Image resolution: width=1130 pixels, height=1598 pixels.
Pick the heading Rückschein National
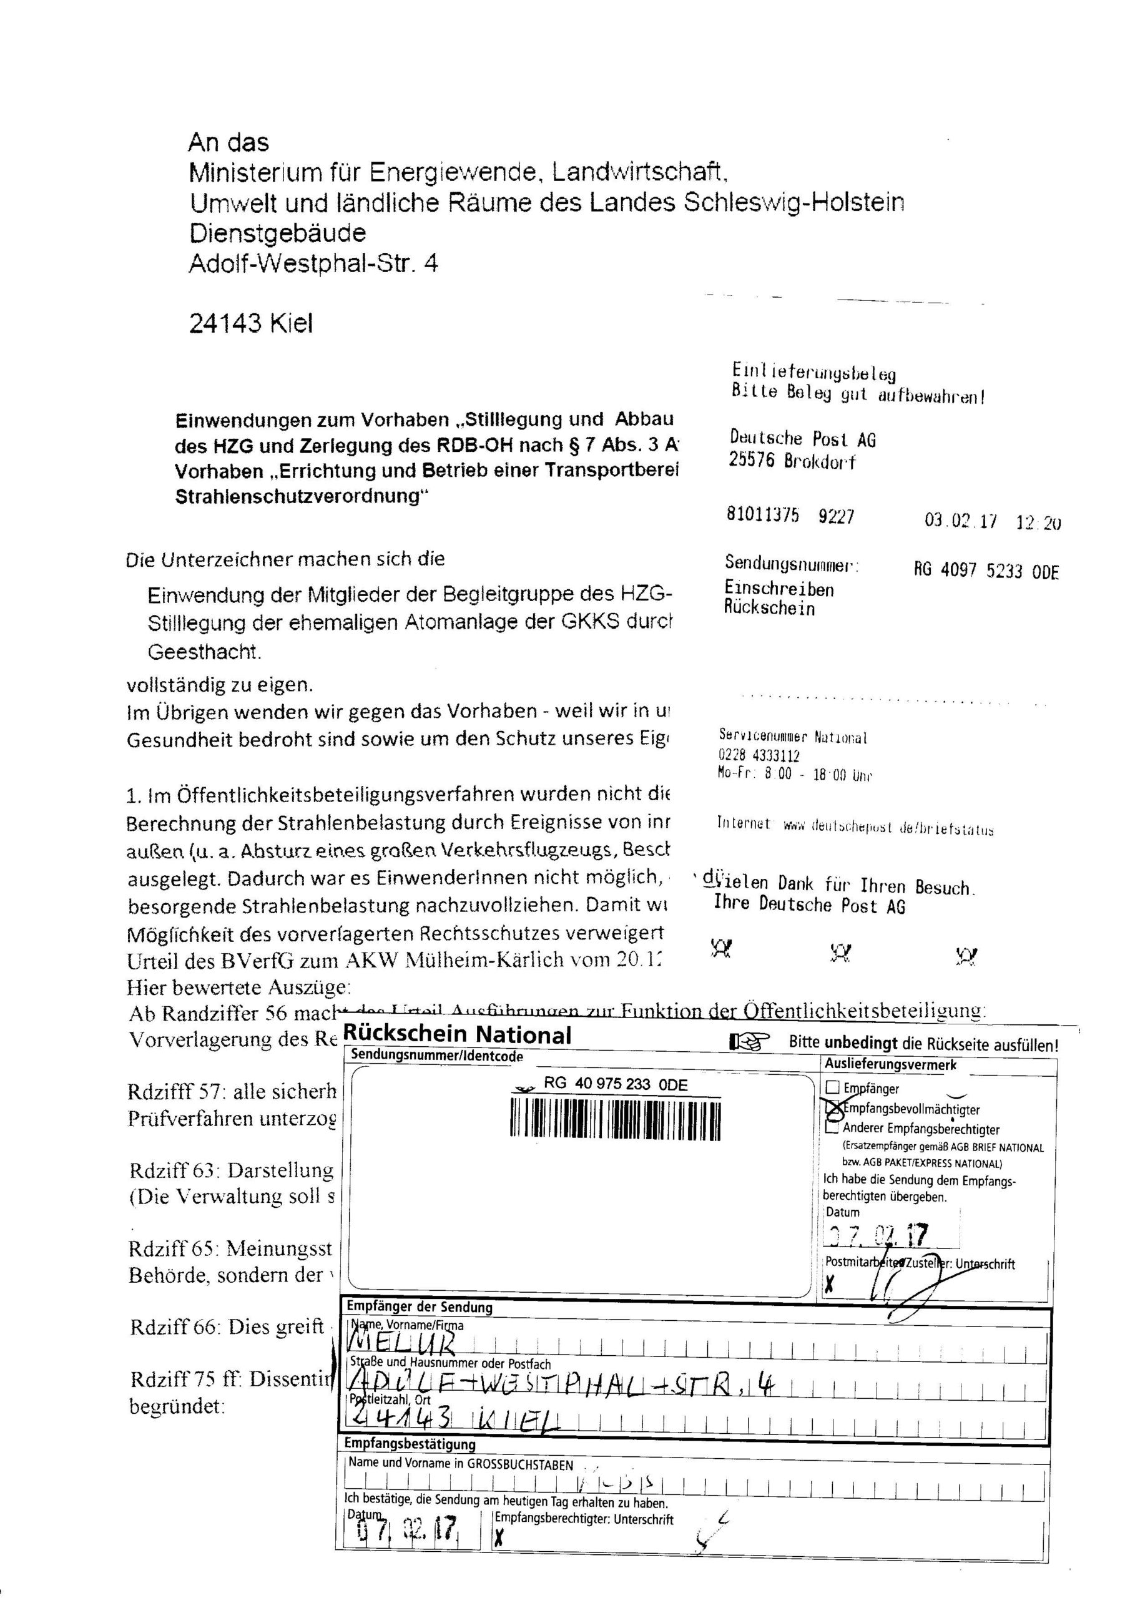457,1035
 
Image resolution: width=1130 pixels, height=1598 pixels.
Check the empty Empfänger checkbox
833,1088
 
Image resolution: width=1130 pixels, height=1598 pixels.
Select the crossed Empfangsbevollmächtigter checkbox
833,1107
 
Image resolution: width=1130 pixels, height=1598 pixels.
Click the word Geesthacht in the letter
204,652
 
